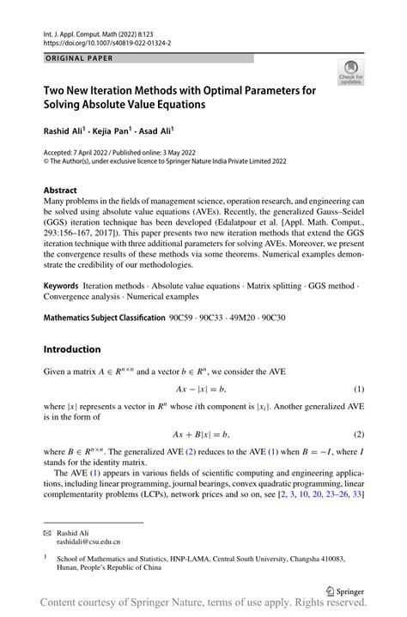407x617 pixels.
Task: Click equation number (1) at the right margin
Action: [358, 390]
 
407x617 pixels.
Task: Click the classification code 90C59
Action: [184, 318]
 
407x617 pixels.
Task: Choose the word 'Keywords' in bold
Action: [68, 283]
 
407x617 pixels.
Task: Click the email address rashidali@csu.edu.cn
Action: [89, 542]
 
